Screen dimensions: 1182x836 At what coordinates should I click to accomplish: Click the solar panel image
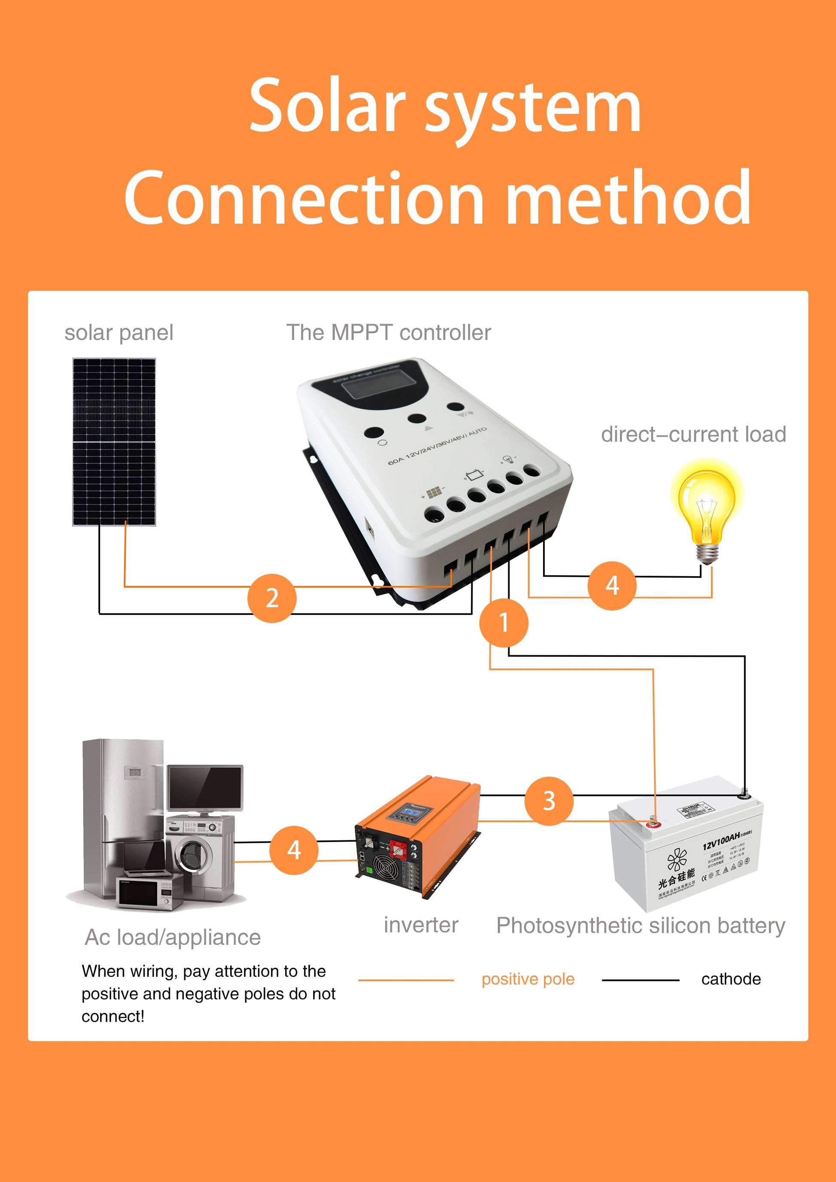click(114, 442)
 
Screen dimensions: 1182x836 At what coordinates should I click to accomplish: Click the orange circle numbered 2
click(272, 598)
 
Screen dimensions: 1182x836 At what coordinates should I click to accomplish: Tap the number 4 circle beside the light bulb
click(611, 586)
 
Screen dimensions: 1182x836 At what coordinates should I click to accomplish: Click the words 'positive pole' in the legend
click(528, 978)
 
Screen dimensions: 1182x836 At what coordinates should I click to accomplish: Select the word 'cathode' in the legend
click(730, 978)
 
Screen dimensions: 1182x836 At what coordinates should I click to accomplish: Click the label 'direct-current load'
click(693, 434)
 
